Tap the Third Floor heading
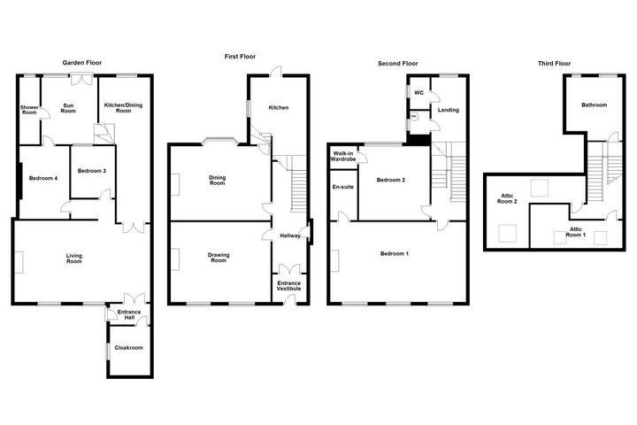tap(554, 63)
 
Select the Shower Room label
tap(29, 111)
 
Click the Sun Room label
tap(69, 110)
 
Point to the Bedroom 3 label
tap(91, 171)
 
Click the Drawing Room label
tap(219, 259)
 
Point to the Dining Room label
tap(218, 181)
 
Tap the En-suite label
tap(342, 187)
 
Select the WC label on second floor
tap(418, 92)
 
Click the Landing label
tap(448, 110)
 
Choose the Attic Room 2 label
tap(508, 201)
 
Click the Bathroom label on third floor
tap(594, 105)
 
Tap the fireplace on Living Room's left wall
tap(16, 263)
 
